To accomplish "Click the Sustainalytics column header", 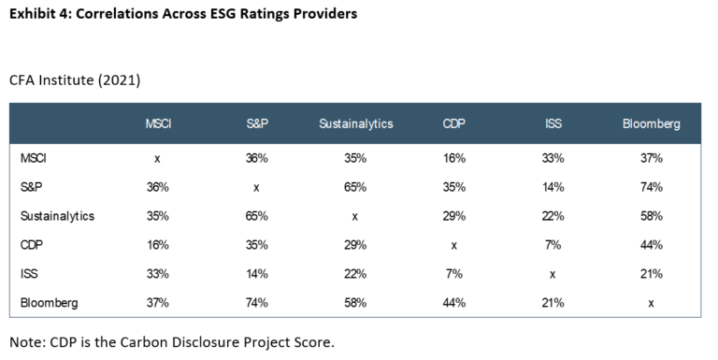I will [x=355, y=124].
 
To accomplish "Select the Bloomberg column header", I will [x=652, y=124].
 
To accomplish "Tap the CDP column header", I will [x=455, y=124].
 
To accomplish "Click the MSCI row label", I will [x=34, y=158].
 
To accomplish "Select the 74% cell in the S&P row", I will [x=652, y=187].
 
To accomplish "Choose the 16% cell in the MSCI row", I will [x=455, y=158].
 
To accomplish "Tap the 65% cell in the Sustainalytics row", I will [x=255, y=216].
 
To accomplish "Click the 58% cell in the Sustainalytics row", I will [x=652, y=216].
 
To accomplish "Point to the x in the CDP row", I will [x=455, y=244].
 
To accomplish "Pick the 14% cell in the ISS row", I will [x=255, y=273].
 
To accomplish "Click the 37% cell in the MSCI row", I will [x=652, y=158].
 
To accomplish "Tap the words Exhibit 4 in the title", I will [x=42, y=15].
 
